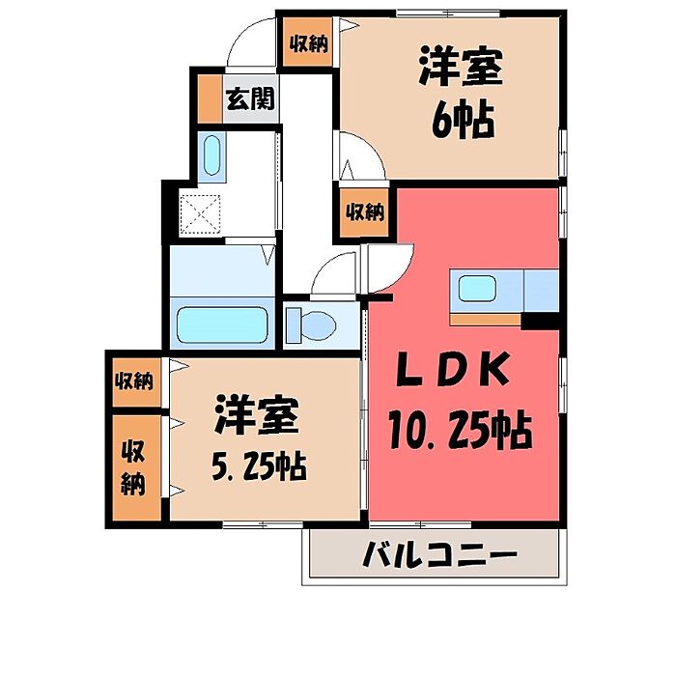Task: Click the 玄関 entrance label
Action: (250, 99)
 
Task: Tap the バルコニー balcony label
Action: (439, 553)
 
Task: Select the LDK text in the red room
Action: (453, 369)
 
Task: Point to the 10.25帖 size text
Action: (460, 429)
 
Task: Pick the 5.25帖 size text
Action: (259, 466)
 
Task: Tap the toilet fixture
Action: (311, 325)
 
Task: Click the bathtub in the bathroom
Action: (222, 324)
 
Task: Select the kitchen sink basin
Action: (477, 289)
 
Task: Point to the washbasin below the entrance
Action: (211, 155)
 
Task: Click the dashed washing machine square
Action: (200, 214)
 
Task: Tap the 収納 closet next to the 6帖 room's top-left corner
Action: (308, 42)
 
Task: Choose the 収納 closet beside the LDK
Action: (366, 212)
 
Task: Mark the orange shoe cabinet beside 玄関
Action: (210, 99)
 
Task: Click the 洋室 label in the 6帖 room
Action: (461, 68)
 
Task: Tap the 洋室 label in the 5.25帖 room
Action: (257, 414)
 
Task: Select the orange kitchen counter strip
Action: (485, 320)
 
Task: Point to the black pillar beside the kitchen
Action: (540, 322)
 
